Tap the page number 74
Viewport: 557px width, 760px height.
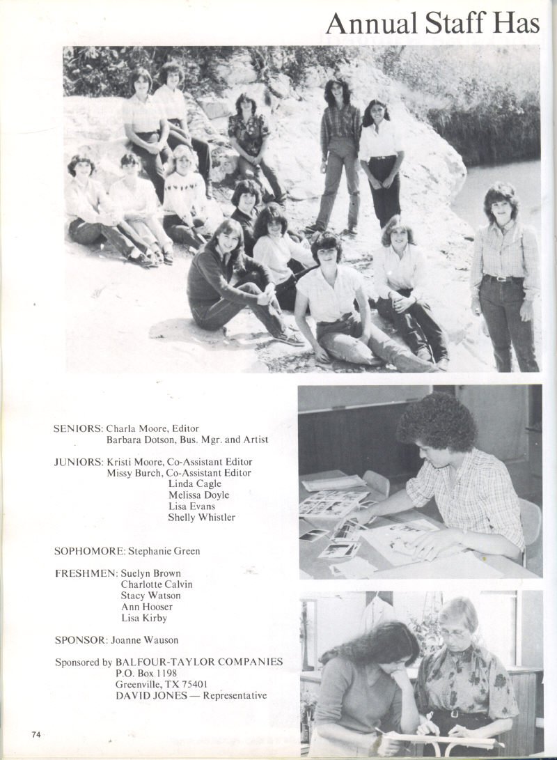coord(37,734)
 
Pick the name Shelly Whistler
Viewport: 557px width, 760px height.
coord(202,518)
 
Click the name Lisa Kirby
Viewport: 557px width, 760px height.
coord(144,618)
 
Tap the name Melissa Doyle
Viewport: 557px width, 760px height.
coord(198,495)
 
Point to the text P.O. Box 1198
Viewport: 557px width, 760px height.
coord(147,673)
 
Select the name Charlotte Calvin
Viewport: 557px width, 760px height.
coord(157,584)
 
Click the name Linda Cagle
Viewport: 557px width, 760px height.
coord(195,484)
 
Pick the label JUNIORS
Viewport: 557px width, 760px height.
coord(78,462)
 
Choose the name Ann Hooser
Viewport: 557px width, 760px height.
coord(147,607)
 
